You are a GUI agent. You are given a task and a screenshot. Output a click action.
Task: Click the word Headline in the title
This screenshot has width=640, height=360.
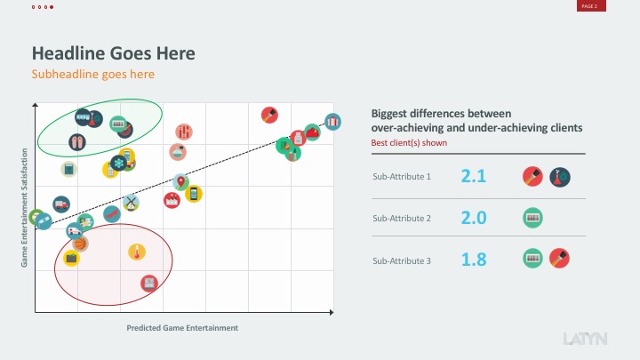coord(69,53)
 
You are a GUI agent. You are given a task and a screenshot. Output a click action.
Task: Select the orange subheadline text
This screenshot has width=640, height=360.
coord(93,75)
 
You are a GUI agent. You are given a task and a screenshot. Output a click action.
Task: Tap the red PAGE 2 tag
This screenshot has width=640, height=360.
coord(589,6)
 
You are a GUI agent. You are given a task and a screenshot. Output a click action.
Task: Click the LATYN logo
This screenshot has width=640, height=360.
coord(586,339)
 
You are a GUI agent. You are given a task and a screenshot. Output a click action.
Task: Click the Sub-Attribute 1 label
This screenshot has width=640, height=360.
coord(402,177)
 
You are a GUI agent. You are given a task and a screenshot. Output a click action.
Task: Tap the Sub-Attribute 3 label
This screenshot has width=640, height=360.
coord(402,260)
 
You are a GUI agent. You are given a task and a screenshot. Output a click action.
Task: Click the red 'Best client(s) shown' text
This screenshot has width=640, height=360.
coord(409,142)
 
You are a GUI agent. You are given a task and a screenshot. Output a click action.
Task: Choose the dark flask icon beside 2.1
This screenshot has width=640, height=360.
coord(560,176)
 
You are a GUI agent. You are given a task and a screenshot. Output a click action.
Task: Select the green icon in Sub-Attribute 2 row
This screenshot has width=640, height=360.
coord(533,217)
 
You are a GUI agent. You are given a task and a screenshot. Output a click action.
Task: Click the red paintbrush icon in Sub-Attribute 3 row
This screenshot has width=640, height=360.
coord(560,259)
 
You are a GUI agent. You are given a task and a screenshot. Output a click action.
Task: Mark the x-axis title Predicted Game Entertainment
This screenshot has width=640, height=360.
coord(182,328)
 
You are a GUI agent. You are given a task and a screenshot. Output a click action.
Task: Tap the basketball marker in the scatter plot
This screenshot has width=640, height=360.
coord(80,243)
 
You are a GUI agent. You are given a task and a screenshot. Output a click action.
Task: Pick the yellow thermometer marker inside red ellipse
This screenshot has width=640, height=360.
coord(137,252)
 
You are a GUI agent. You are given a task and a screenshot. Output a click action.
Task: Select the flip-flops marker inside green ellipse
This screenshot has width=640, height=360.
coord(76,141)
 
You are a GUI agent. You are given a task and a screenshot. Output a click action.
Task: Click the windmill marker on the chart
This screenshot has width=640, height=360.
coord(131,202)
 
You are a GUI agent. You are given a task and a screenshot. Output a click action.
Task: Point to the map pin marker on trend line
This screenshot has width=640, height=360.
coord(181,183)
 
